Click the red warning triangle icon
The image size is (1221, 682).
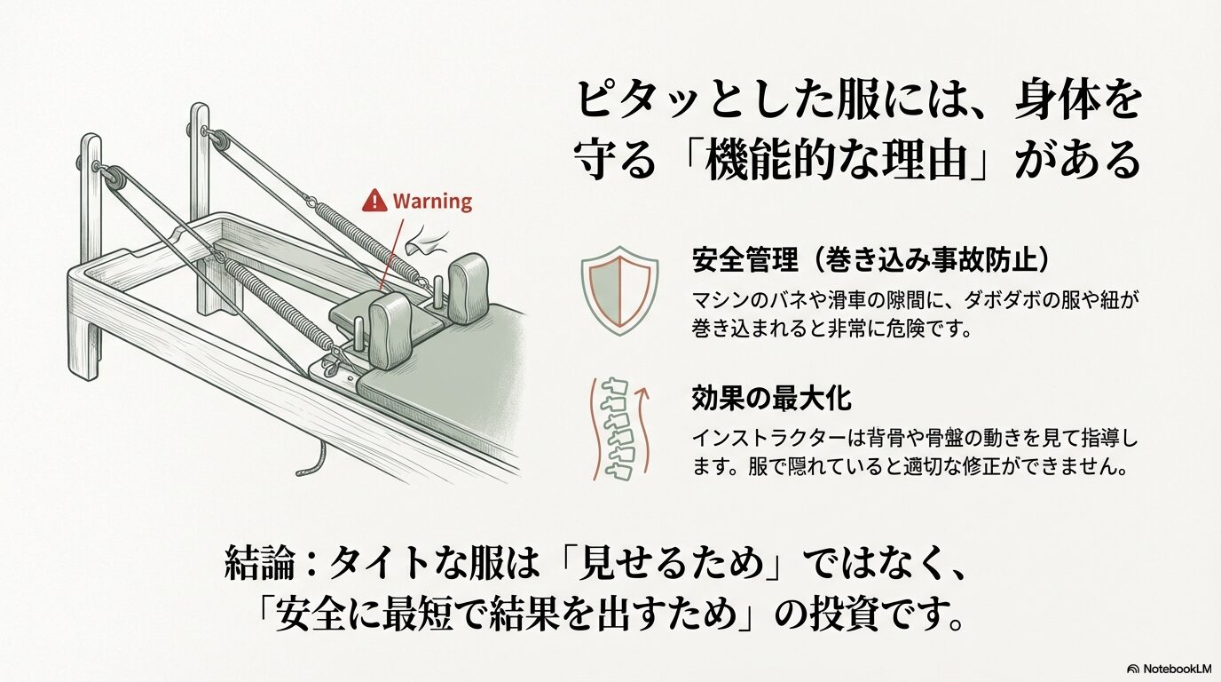pos(374,201)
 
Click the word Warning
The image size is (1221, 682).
pos(432,202)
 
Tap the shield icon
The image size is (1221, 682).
pos(619,290)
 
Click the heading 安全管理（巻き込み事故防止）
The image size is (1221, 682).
pos(870,259)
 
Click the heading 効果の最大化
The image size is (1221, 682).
pos(771,399)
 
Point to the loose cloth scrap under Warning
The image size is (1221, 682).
pos(428,242)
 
